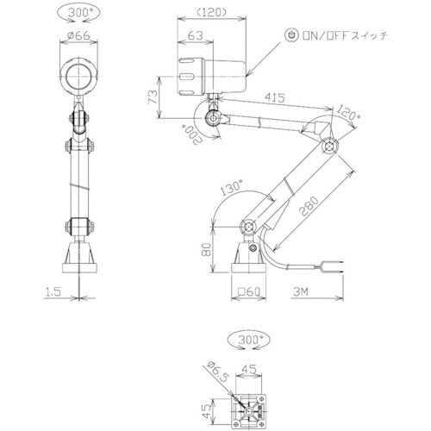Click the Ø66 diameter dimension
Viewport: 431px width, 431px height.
(x=78, y=37)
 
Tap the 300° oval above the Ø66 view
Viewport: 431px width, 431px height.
(x=78, y=13)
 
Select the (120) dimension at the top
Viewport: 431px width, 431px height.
(x=210, y=14)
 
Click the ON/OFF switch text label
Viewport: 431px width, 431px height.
(x=342, y=35)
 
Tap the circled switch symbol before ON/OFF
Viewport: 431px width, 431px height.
(x=291, y=35)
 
